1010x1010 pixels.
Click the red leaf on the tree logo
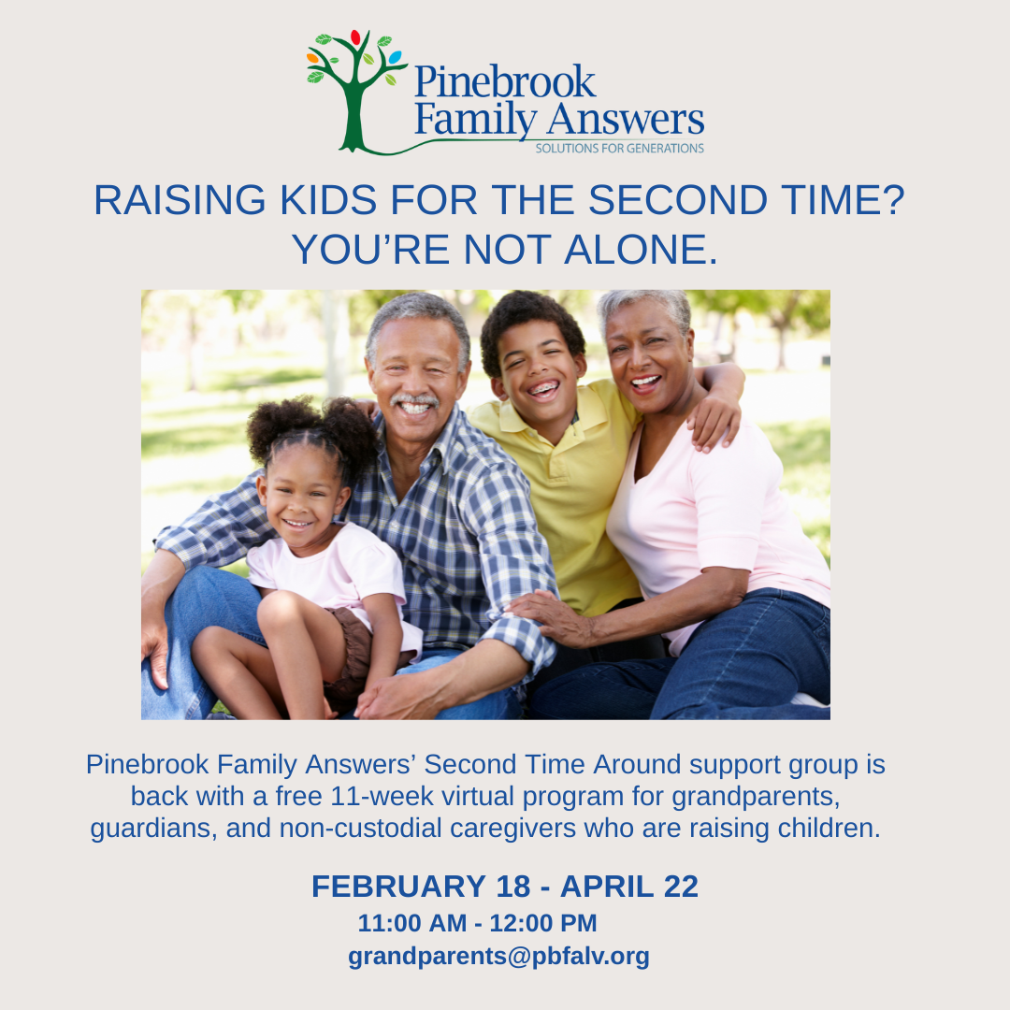[x=355, y=37]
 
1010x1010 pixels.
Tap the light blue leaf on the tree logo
[x=395, y=57]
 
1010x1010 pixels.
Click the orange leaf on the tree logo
[x=313, y=58]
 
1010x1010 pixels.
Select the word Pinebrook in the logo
[x=505, y=81]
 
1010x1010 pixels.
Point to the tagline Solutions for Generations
[x=619, y=148]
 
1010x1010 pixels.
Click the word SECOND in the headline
[x=678, y=200]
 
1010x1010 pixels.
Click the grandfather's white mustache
[x=414, y=400]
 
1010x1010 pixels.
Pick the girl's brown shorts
[x=351, y=651]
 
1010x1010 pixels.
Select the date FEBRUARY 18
[x=421, y=887]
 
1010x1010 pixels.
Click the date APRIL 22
[x=629, y=887]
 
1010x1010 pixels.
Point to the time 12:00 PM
[x=543, y=923]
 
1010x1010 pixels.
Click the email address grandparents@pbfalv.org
[x=498, y=957]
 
